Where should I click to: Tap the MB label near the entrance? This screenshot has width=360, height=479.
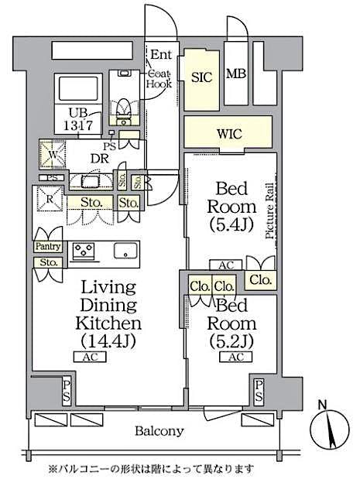point(235,74)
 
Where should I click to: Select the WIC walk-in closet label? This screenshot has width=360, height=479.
point(229,134)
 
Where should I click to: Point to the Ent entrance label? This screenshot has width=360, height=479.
point(160,54)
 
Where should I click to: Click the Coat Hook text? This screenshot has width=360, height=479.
point(159,77)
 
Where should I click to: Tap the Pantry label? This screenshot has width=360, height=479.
point(48,246)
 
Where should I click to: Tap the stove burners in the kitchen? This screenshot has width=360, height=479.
point(83,251)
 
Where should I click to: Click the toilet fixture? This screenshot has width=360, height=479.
point(121,108)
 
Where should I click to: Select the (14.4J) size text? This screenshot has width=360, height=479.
point(108,340)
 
